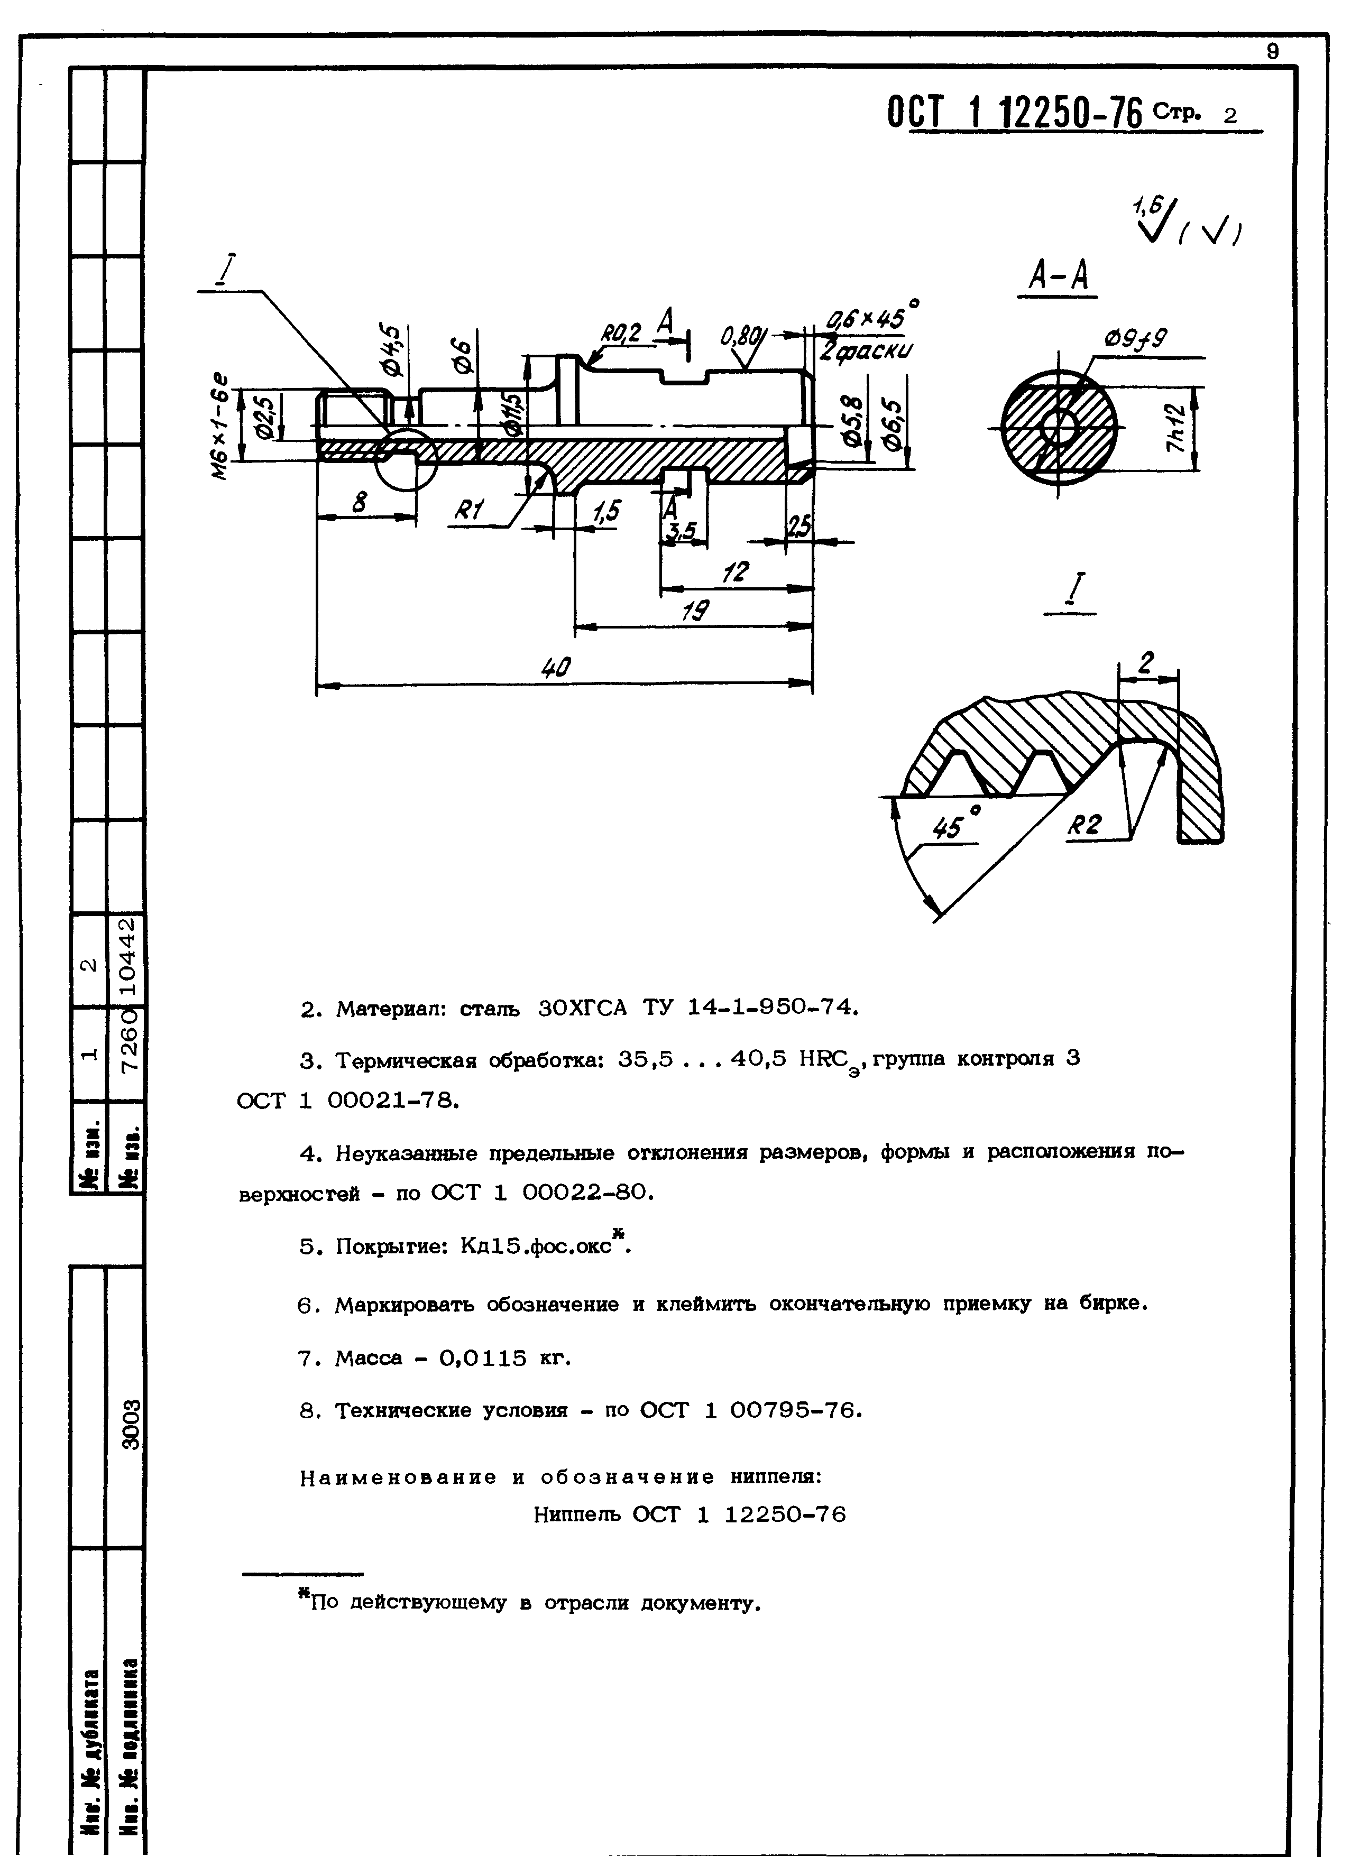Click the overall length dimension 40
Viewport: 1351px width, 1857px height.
click(x=556, y=669)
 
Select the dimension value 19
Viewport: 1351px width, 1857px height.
click(x=697, y=612)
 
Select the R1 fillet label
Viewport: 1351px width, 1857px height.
click(x=469, y=511)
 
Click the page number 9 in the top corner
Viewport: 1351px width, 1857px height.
click(x=1272, y=51)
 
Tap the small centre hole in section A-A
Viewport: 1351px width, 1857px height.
click(x=1060, y=428)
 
